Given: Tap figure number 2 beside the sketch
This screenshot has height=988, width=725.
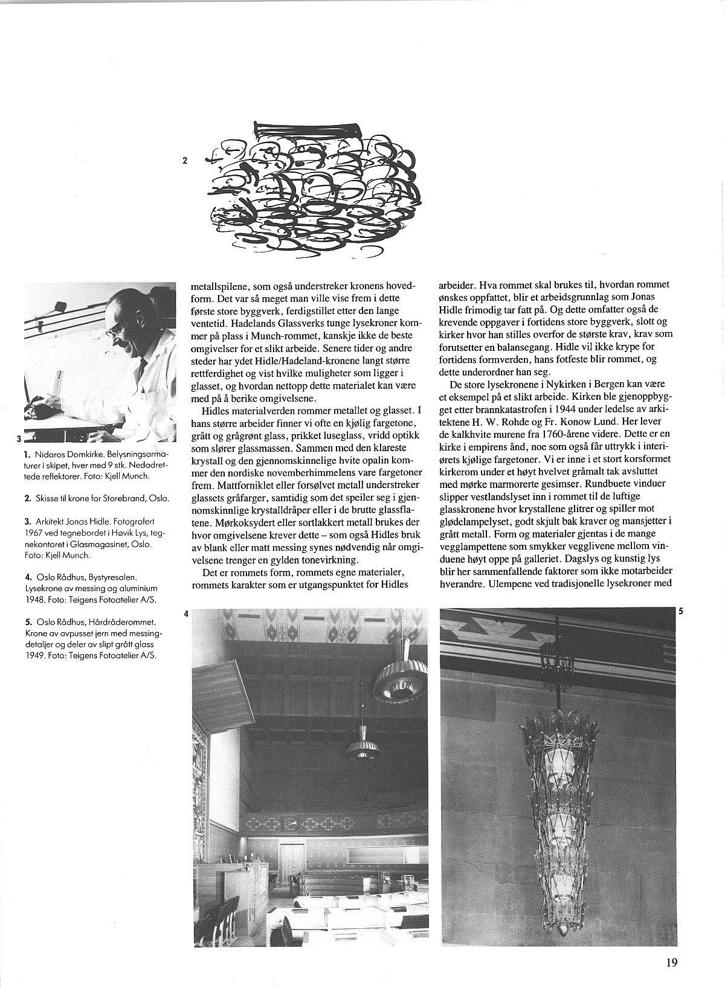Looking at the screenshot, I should [x=185, y=161].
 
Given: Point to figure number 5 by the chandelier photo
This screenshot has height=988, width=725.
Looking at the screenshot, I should [x=680, y=611].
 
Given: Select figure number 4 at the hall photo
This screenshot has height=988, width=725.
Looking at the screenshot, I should [x=186, y=614].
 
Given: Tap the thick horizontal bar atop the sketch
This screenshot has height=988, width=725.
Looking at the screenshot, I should [x=307, y=128].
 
